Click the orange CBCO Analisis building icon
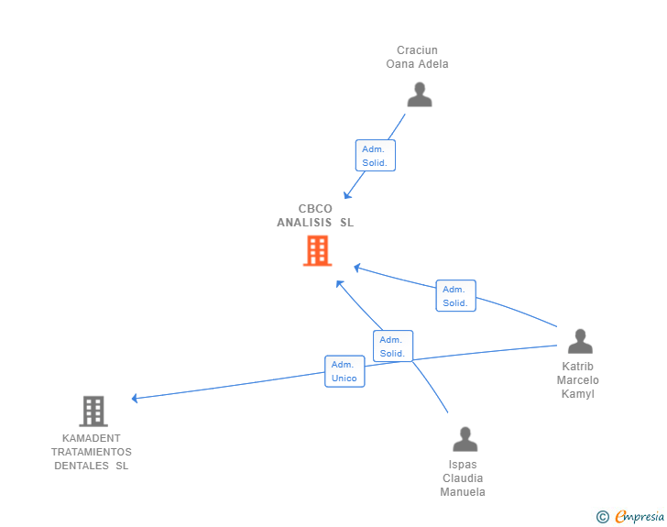(317, 250)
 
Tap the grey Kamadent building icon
(93, 412)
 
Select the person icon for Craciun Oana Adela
(420, 95)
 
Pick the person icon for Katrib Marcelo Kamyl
(580, 341)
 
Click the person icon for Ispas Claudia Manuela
(465, 439)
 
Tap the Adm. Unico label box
(344, 371)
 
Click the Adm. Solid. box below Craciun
(375, 156)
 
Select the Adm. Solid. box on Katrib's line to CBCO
(455, 296)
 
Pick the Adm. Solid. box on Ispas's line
(393, 346)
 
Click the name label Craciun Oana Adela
(417, 57)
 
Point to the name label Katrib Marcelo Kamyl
(578, 380)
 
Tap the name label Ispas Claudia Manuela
(463, 478)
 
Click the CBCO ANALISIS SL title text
(315, 215)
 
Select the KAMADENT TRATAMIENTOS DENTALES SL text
(92, 452)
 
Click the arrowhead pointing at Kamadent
(135, 398)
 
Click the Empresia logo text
(640, 517)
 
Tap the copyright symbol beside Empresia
(603, 517)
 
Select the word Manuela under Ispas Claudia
(463, 492)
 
